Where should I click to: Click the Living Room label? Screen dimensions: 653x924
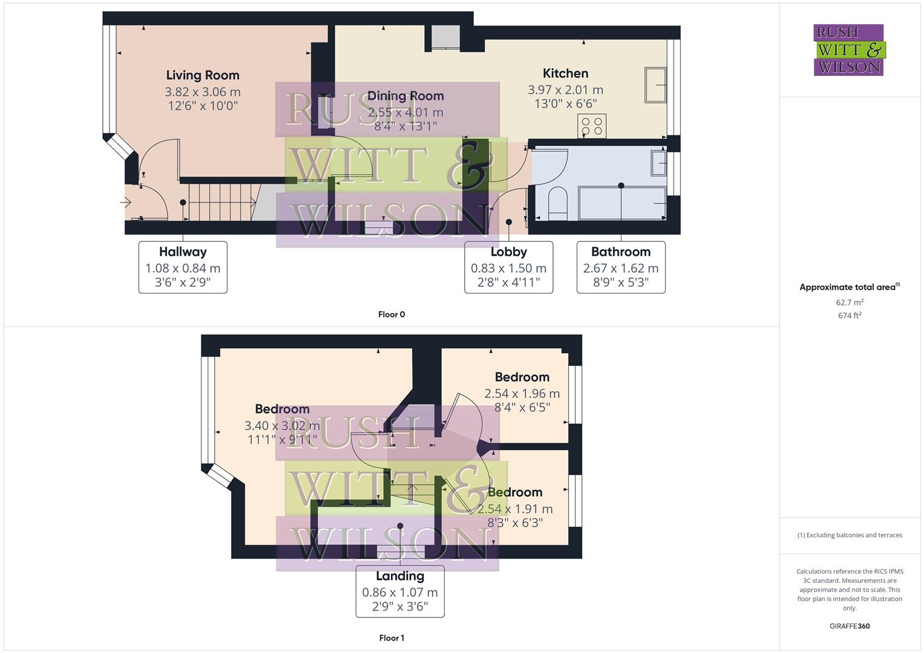(x=203, y=76)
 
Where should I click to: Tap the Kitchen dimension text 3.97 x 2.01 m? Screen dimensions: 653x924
(x=565, y=89)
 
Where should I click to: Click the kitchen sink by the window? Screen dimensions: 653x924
(x=656, y=85)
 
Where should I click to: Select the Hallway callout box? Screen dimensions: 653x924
(x=183, y=267)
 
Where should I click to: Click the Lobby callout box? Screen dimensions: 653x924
(x=508, y=267)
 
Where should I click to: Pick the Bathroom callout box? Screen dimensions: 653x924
(x=621, y=267)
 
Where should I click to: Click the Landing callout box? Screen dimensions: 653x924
(x=400, y=591)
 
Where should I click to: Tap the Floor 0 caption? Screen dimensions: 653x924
(x=392, y=314)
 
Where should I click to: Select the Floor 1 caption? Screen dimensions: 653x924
(x=391, y=638)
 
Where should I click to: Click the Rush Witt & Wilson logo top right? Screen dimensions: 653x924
(x=848, y=50)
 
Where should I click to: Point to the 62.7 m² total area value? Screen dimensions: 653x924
(x=850, y=302)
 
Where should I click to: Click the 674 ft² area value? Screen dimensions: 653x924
(x=850, y=316)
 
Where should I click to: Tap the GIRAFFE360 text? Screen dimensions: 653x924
(x=850, y=626)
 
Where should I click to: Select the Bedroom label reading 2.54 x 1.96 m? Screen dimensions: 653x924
(x=522, y=392)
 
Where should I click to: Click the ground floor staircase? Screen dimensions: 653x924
(x=221, y=202)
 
